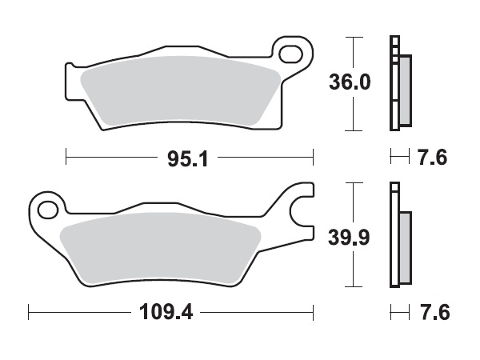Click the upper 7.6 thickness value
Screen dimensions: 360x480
coord(433,158)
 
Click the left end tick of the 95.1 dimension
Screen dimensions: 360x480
coord(66,158)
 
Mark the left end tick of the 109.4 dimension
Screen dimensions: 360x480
coord(29,310)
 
